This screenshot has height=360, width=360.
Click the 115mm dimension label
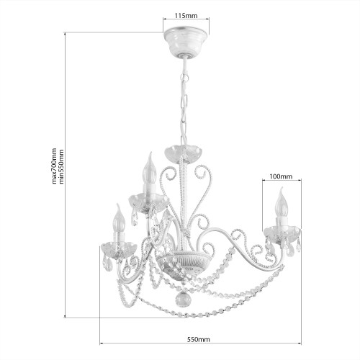point(186,16)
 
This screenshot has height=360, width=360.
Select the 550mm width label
point(199,339)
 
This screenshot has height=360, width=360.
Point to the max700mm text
point(55,166)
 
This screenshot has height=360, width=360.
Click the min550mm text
point(61,166)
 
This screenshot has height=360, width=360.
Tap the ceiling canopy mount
point(186,42)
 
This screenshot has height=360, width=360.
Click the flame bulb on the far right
point(281,203)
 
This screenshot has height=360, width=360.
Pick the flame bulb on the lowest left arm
point(120,219)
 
